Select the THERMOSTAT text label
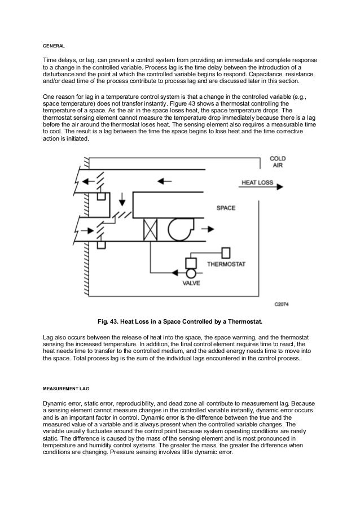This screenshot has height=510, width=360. [x=227, y=264]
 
